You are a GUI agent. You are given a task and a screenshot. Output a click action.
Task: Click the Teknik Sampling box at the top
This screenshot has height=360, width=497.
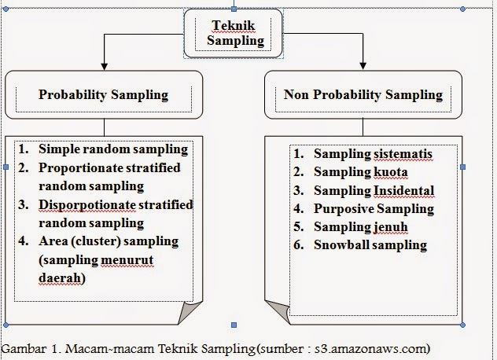click(x=233, y=32)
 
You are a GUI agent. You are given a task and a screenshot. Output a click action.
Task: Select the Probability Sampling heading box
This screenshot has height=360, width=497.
click(x=104, y=95)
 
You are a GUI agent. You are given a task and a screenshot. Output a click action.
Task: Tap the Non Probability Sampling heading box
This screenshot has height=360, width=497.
click(x=363, y=95)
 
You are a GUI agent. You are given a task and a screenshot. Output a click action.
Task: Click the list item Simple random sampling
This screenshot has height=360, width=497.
click(x=112, y=149)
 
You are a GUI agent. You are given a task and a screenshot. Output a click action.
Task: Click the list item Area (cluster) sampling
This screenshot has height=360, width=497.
click(x=109, y=241)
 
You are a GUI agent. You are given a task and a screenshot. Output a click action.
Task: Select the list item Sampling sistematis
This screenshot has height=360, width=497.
click(x=373, y=153)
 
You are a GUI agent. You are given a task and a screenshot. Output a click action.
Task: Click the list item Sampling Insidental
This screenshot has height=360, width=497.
click(x=374, y=190)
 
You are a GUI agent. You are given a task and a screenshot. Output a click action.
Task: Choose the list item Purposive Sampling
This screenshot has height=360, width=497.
click(x=374, y=208)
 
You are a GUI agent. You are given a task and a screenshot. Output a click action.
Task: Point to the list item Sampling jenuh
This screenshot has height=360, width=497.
click(x=360, y=226)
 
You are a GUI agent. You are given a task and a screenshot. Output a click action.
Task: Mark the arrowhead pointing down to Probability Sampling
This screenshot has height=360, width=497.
click(x=103, y=64)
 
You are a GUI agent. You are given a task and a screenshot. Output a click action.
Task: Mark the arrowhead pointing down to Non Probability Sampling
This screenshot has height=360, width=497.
click(x=363, y=64)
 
